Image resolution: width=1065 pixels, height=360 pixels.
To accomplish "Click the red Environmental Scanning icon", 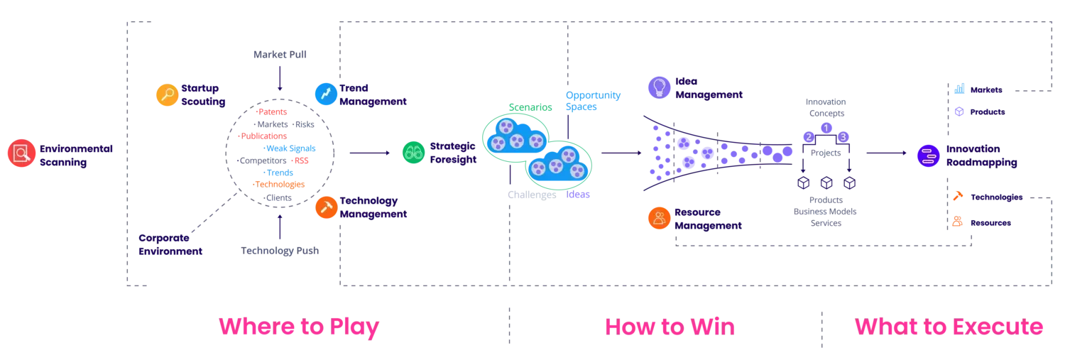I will click(21, 153).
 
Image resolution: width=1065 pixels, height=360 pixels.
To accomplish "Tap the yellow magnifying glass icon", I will click(168, 95).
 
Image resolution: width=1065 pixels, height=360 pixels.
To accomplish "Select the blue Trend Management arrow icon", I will click(326, 94).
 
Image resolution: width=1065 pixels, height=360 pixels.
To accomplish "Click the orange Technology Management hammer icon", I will click(327, 207).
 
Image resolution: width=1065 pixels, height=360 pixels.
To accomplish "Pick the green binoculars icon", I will click(414, 153).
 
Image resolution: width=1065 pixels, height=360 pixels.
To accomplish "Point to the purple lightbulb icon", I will click(660, 87).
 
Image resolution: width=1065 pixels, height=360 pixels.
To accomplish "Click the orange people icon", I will click(660, 219).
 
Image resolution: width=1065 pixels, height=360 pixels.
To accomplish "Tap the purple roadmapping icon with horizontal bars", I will click(927, 156).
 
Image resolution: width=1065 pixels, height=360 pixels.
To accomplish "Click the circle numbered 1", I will click(826, 127).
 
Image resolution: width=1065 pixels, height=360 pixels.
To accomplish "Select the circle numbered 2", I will click(808, 136).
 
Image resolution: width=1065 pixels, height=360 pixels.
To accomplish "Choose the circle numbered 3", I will click(843, 136).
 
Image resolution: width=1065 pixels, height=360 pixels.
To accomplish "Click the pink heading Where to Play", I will click(299, 327).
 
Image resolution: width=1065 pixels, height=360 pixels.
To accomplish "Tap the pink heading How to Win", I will click(670, 327).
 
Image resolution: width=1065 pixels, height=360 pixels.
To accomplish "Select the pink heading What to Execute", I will click(949, 327).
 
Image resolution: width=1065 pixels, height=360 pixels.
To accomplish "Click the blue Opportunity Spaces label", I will click(594, 102).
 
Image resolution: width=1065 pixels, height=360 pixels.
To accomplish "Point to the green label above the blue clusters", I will click(530, 108).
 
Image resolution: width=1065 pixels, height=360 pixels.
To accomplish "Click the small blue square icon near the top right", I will click(959, 89).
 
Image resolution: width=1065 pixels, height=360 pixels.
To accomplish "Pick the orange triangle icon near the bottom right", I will click(958, 197).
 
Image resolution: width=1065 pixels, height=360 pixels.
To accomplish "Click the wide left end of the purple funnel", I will click(657, 153).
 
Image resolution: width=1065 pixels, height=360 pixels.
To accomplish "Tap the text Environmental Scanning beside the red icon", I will click(76, 155).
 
